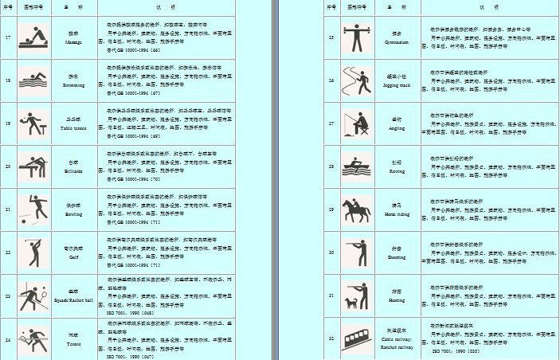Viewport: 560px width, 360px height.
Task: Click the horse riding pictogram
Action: (355, 209)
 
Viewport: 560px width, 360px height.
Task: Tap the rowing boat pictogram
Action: (355, 166)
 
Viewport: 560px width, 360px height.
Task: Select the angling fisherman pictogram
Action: (355, 123)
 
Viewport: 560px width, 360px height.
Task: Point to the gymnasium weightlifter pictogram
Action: (355, 37)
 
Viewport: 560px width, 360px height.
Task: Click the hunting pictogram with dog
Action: (355, 295)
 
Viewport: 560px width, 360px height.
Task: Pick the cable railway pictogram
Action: (355, 338)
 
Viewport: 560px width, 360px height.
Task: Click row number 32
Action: (331, 338)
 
